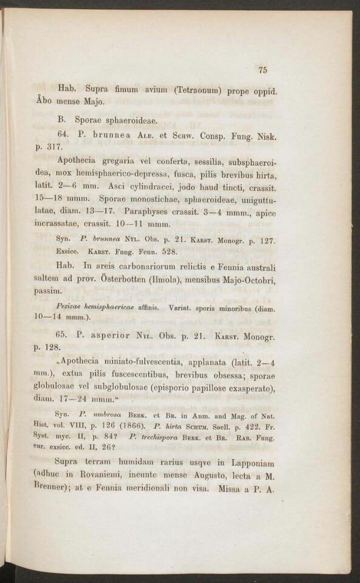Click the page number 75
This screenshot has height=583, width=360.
(x=263, y=70)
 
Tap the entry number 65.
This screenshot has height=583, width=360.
(x=61, y=335)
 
